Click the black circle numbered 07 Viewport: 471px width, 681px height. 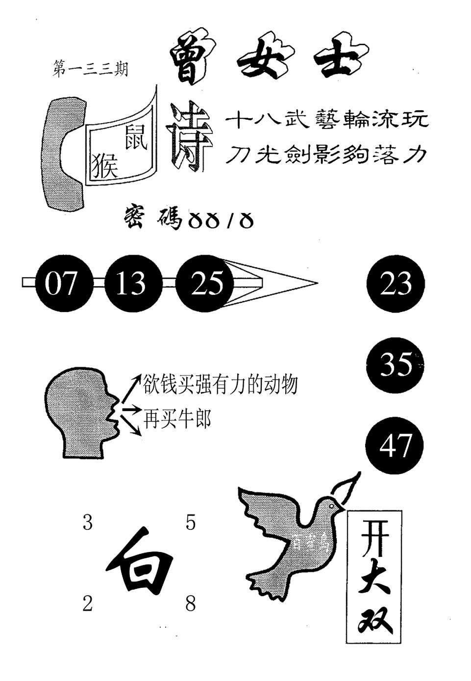coord(61,283)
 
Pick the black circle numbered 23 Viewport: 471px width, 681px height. coord(396,284)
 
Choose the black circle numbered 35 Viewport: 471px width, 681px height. coord(395,364)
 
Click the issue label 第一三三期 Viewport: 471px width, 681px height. coord(90,69)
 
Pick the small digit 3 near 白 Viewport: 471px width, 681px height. coord(88,523)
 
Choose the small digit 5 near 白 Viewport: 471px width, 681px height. coord(191,523)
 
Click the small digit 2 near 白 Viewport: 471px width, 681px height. coord(87,604)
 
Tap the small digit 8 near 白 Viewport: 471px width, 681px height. coord(191,604)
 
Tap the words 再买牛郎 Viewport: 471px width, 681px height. coord(177,419)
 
